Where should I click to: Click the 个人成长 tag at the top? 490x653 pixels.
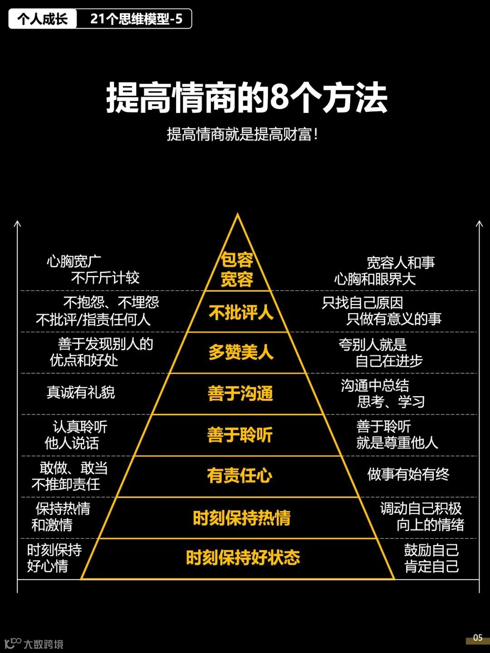coord(42,19)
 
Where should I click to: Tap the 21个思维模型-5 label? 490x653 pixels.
coord(136,19)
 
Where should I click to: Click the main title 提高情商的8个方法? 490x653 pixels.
coord(246,98)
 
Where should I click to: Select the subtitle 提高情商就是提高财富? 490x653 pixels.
coord(242,134)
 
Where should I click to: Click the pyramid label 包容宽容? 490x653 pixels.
coord(237,270)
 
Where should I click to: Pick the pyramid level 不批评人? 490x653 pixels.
coord(241,312)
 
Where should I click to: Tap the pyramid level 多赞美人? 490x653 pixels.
coord(241,352)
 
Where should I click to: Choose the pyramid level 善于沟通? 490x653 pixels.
coord(240,393)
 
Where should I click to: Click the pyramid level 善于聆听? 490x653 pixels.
coord(240,435)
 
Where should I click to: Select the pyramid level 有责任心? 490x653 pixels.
coord(240,476)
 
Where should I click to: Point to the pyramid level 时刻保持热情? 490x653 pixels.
coord(241,517)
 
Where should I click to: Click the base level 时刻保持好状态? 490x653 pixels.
coord(243,558)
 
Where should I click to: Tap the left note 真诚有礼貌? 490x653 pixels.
coord(81,392)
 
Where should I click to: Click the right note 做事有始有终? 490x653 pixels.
coord(408,474)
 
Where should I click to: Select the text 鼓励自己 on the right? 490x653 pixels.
coord(431,550)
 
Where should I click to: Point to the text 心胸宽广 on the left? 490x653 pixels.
coord(74,261)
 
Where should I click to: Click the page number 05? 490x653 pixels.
coord(477,637)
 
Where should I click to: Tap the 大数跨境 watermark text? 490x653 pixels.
coord(44,644)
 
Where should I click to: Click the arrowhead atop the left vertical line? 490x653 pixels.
coord(17,223)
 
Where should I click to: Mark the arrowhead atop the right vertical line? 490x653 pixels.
coord(479,223)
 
